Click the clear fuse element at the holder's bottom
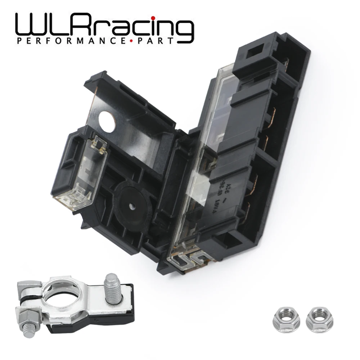[x=189, y=257]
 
